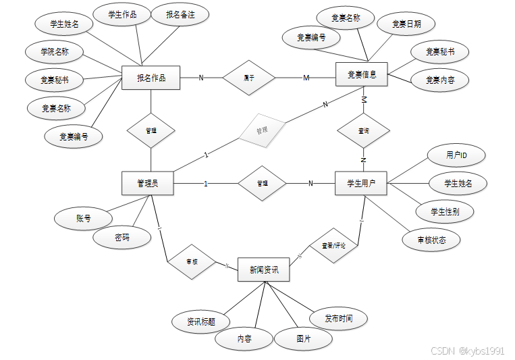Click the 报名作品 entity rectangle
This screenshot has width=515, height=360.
pyautogui.click(x=151, y=78)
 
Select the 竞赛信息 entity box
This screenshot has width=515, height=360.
pyautogui.click(x=362, y=74)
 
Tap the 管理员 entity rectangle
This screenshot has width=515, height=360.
pyautogui.click(x=148, y=182)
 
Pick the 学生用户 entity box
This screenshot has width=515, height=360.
pyautogui.click(x=362, y=183)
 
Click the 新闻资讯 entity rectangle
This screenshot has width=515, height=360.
pyautogui.click(x=264, y=270)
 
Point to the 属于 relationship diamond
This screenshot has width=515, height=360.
pyautogui.click(x=249, y=78)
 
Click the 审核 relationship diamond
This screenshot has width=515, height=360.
pyautogui.click(x=192, y=261)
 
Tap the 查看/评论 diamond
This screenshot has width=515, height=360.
pyautogui.click(x=333, y=246)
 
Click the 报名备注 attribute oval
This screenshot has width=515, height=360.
pyautogui.click(x=180, y=15)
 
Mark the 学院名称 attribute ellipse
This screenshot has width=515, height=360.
pyautogui.click(x=55, y=51)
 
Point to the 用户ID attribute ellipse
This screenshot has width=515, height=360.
pyautogui.click(x=456, y=155)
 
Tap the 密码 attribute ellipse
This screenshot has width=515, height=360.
pyautogui.click(x=122, y=238)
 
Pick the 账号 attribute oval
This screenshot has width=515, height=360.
pyautogui.click(x=84, y=218)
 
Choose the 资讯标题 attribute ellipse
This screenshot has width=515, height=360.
pyautogui.click(x=201, y=322)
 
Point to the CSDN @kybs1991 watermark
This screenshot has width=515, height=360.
pyautogui.click(x=467, y=351)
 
